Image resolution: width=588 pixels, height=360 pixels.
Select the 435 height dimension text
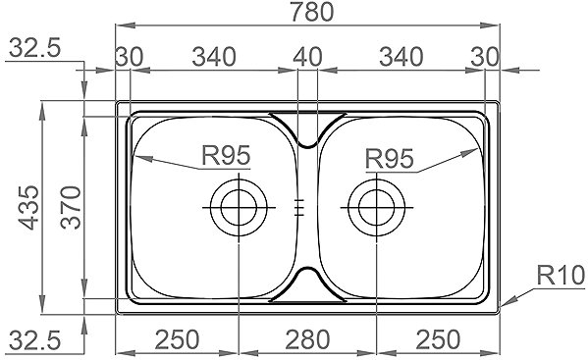28,207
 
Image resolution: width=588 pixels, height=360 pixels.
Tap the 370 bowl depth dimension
71,207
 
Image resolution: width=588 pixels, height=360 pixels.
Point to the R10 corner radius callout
561,275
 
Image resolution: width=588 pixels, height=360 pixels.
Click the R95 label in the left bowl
226,155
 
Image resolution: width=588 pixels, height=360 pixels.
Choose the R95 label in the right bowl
390,158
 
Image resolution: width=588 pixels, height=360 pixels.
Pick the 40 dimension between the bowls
307,57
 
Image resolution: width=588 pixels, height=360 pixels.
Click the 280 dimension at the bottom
307,339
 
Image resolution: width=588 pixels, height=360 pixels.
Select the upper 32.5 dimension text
34,48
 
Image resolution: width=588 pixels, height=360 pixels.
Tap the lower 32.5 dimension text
34,340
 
